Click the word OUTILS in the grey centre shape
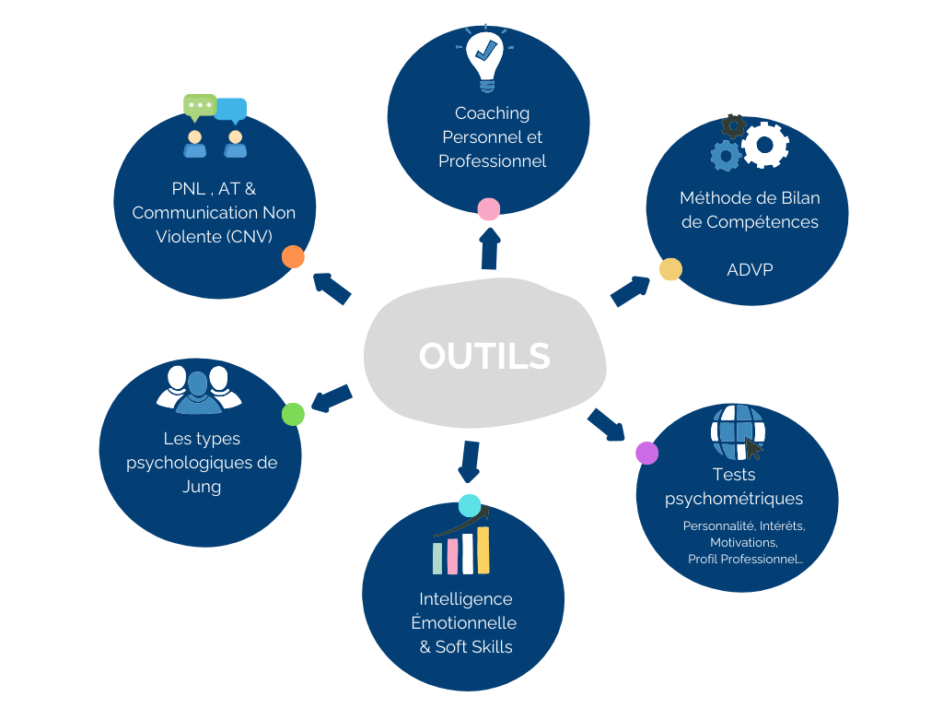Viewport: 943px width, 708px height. [x=484, y=356]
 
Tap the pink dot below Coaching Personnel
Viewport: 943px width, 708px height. [x=489, y=209]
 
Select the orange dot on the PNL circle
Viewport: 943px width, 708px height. [x=293, y=257]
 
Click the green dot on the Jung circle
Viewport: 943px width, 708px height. [x=293, y=415]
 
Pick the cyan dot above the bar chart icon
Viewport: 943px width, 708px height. [x=470, y=505]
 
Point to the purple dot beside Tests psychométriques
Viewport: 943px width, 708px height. [x=647, y=453]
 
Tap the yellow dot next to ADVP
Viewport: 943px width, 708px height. [x=670, y=269]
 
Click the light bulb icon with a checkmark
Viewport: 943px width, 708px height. [x=484, y=58]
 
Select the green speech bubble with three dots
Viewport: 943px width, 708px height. [x=199, y=106]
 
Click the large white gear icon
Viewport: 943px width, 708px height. [x=765, y=144]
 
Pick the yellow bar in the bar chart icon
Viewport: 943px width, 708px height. [x=483, y=550]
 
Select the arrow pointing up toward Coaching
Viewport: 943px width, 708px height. [x=490, y=248]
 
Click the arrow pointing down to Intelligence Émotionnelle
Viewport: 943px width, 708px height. [x=470, y=461]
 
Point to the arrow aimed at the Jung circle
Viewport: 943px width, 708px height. [x=332, y=398]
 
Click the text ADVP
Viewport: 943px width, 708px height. [x=750, y=270]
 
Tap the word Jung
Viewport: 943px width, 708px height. [x=202, y=487]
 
